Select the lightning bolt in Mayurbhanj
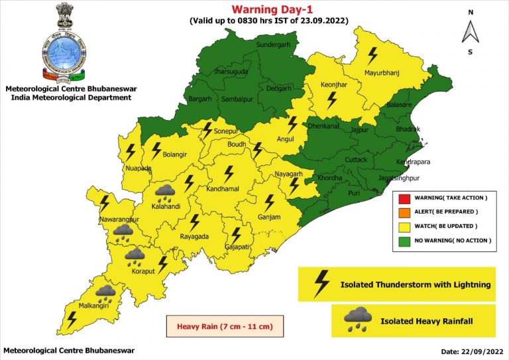373,53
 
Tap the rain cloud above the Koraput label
135,255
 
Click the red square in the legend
402,198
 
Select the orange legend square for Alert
402,212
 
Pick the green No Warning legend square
402,240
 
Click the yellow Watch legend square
402,226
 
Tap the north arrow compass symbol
470,31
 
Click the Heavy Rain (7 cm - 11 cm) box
221,326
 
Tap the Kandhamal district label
228,190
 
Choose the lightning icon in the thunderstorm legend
321,284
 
